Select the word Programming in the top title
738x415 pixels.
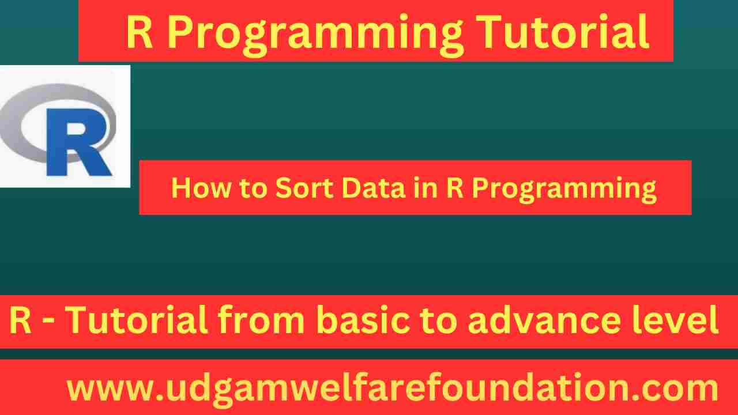point(316,33)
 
